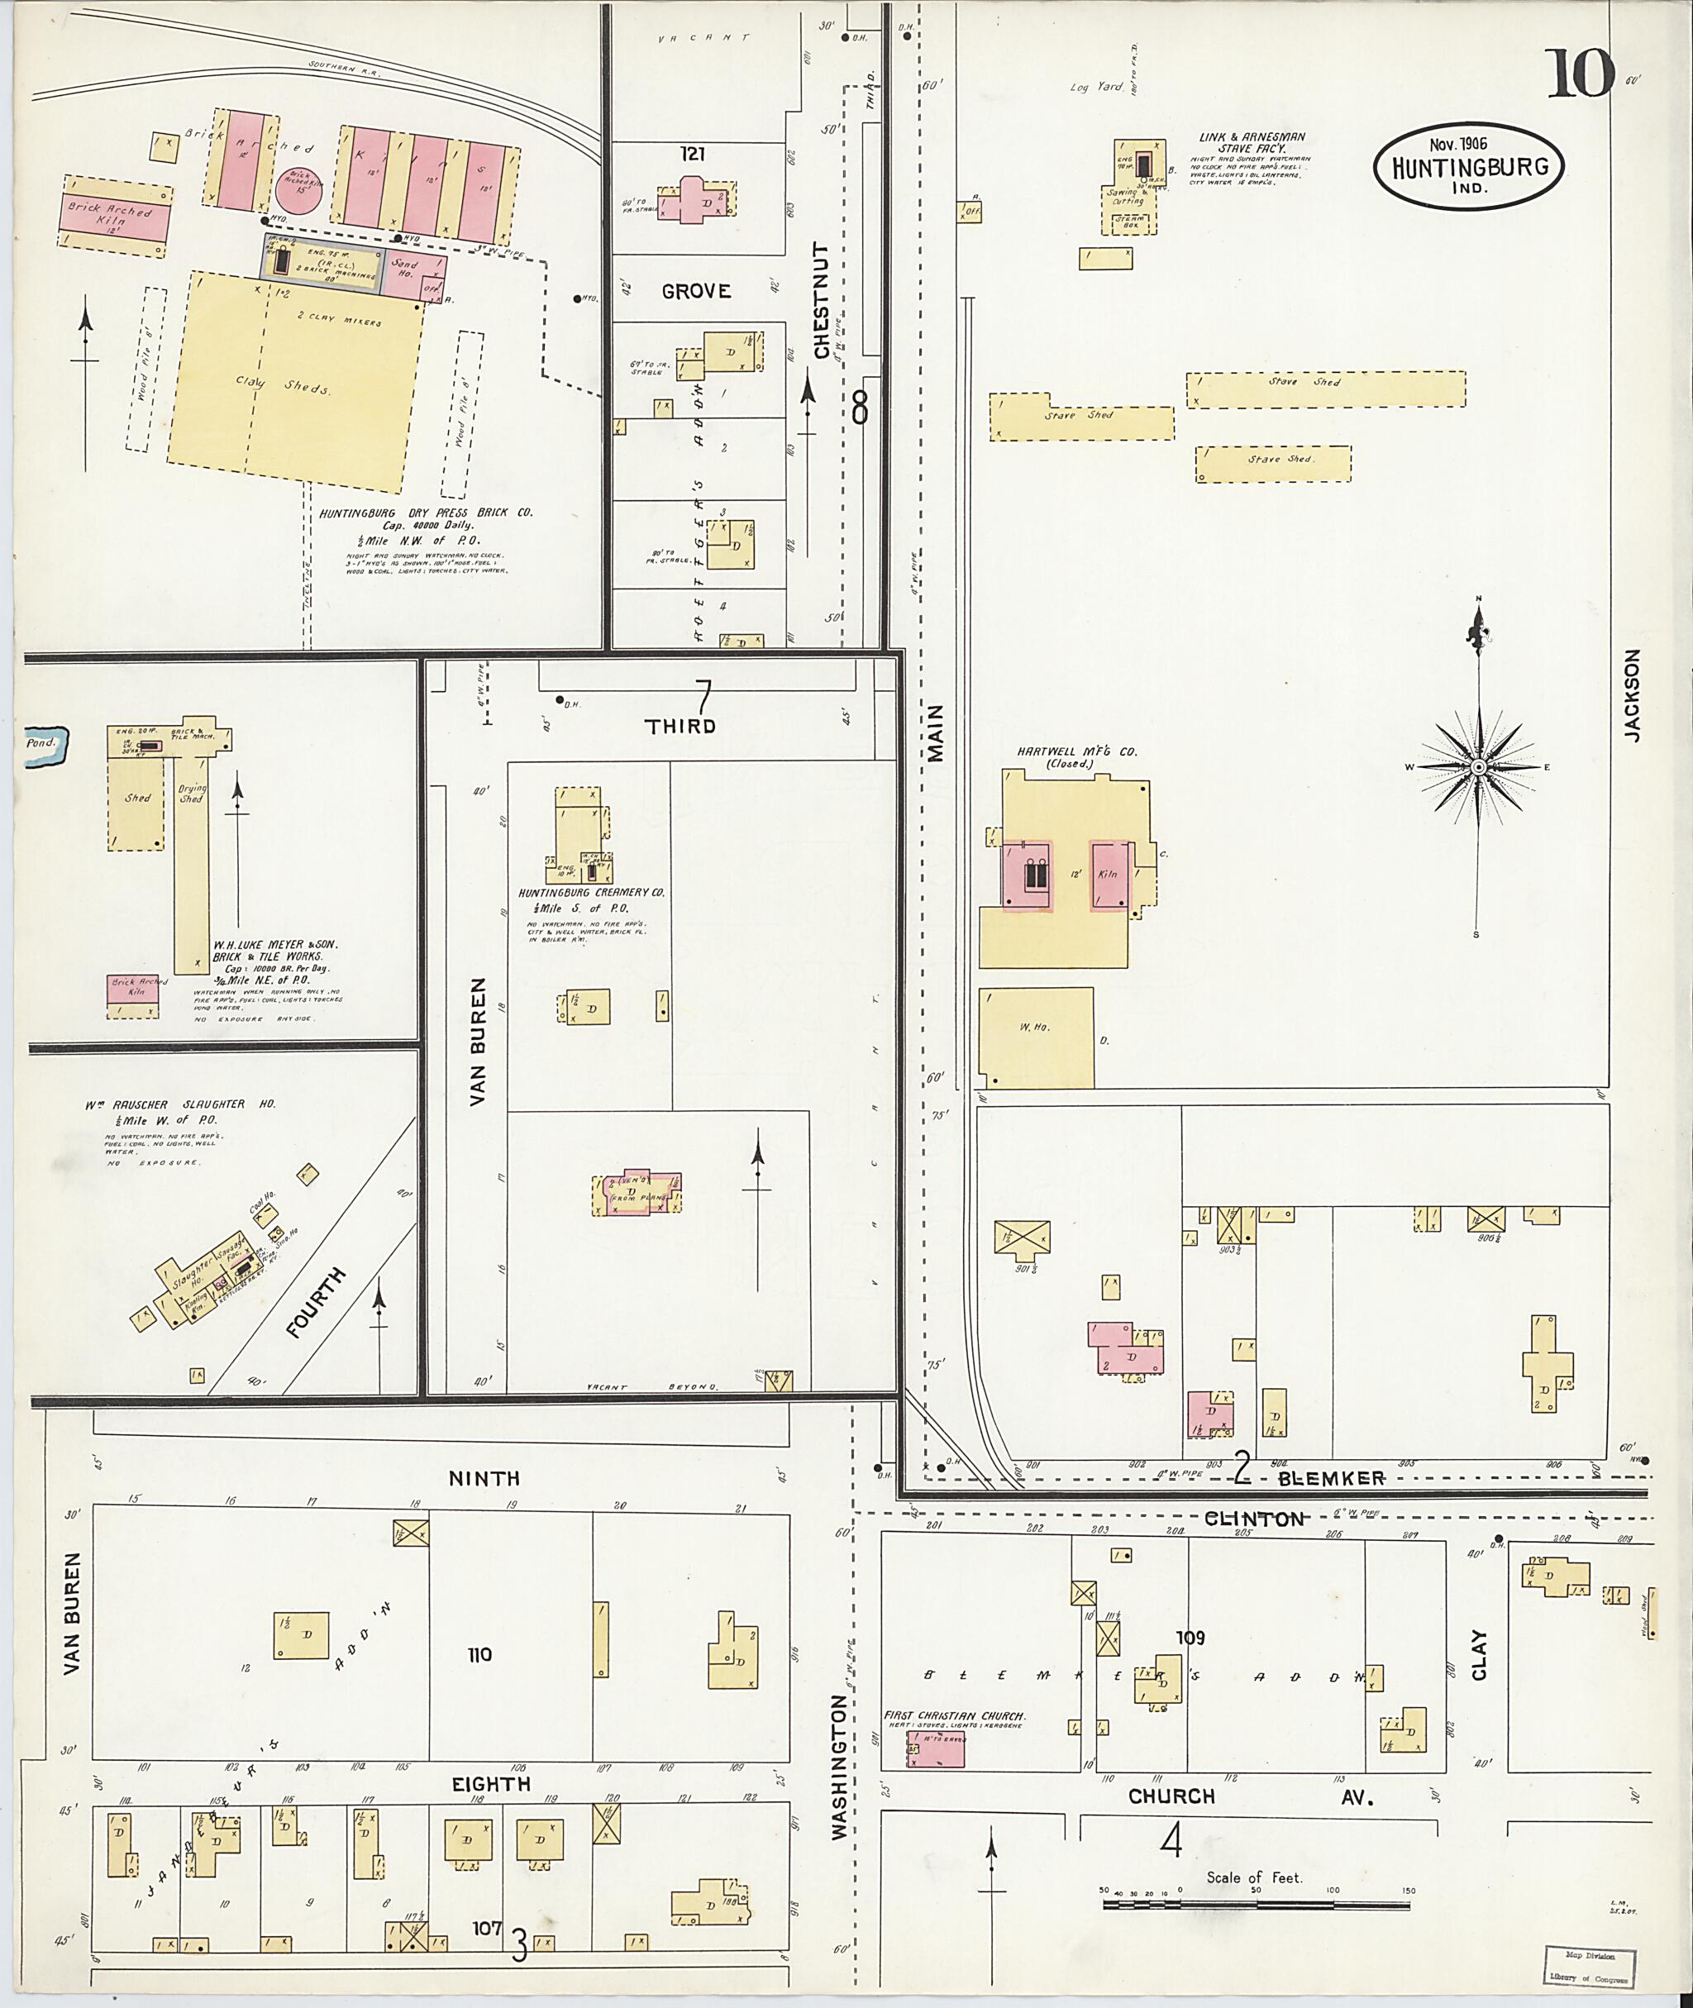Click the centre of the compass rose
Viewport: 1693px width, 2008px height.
click(1478, 767)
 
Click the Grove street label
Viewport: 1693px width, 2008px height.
click(696, 291)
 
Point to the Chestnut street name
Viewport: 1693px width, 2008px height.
click(822, 300)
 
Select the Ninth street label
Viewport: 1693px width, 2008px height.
click(484, 1478)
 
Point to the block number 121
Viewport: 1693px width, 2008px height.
click(693, 154)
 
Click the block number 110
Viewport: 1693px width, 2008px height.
click(479, 1655)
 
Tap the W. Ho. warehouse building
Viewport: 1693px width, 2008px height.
click(1036, 1037)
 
